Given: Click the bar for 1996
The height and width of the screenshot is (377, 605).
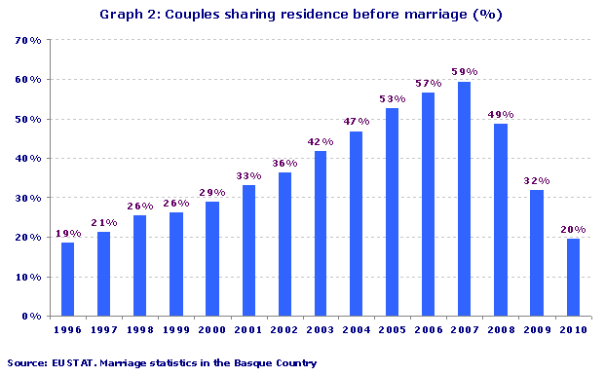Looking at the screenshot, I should (67, 279).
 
